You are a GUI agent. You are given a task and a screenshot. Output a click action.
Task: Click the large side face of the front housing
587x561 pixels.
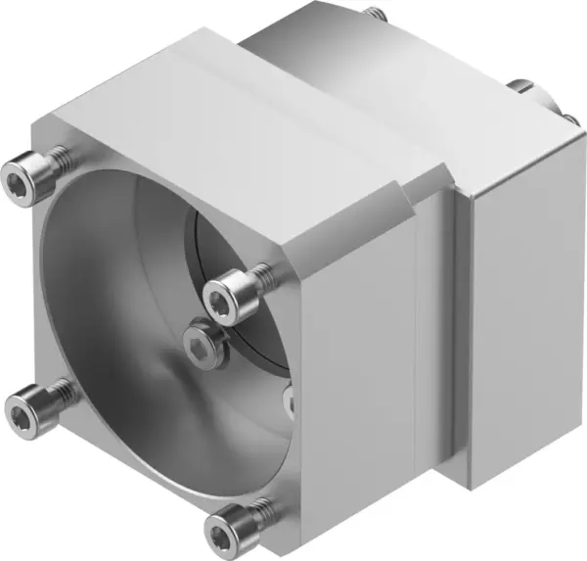[362, 372]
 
